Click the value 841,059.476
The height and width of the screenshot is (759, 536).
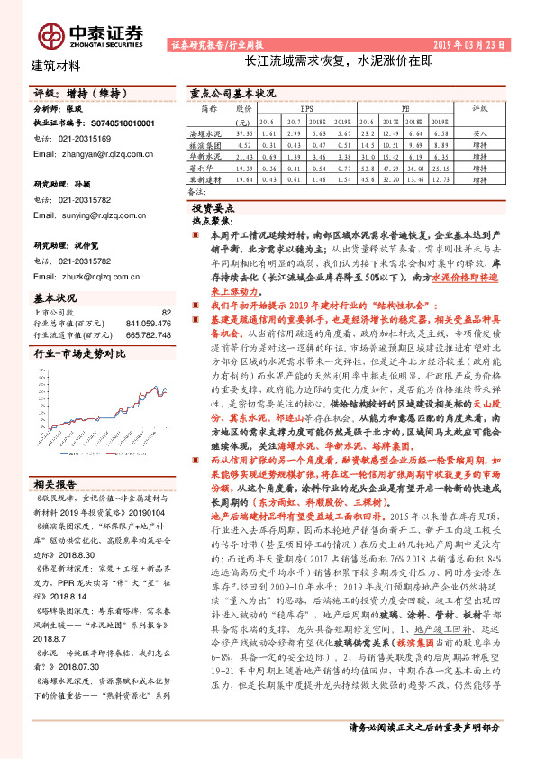point(143,323)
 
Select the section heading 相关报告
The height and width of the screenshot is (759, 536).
point(55,483)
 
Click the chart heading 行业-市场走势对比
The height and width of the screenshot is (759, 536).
point(77,355)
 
